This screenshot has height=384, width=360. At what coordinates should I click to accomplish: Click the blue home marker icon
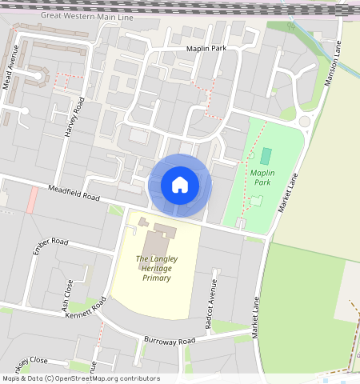click(x=180, y=185)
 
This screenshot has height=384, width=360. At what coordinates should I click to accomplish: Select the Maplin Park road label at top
click(x=206, y=50)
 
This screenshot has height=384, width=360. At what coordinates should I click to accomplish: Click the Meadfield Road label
click(x=73, y=191)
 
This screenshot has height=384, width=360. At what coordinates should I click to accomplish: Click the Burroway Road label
click(x=170, y=342)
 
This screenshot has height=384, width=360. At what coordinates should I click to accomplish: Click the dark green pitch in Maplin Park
click(x=266, y=156)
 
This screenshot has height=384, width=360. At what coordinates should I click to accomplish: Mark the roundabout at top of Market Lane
click(x=304, y=122)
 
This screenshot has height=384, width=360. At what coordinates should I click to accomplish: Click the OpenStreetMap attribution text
click(x=80, y=378)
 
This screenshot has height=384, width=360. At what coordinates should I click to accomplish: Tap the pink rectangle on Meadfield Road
click(x=31, y=199)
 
